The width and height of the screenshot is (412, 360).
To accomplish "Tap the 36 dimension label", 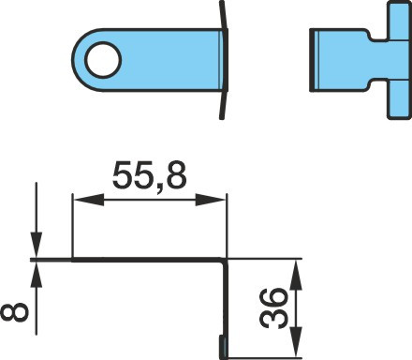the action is click(x=273, y=308).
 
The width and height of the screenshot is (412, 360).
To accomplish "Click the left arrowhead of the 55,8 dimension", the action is click(x=89, y=200).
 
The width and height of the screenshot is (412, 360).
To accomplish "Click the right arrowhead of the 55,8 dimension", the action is click(x=210, y=200).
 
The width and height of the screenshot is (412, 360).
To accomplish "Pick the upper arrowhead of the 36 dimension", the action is click(x=296, y=275).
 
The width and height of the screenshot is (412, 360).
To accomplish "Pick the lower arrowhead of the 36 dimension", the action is click(x=296, y=342).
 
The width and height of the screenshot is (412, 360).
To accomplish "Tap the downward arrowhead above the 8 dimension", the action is click(x=36, y=246).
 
